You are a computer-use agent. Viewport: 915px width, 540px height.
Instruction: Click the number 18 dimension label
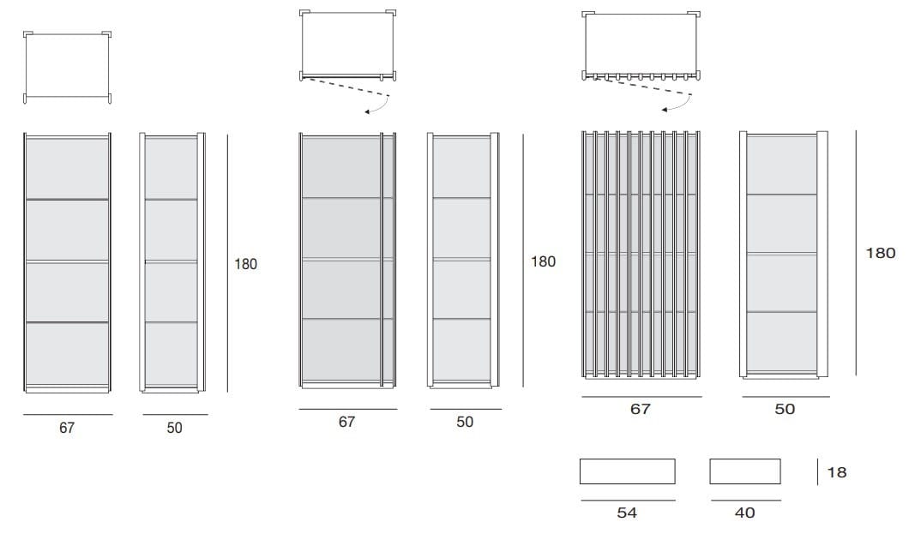837,471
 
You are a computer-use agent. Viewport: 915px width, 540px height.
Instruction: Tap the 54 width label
627,513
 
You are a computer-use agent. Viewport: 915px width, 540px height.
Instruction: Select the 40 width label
744,513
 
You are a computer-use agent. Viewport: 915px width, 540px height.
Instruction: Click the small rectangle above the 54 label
628,471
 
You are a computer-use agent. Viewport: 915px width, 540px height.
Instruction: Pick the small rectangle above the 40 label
745,471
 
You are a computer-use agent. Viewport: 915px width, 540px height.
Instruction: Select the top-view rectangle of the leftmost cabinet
67,67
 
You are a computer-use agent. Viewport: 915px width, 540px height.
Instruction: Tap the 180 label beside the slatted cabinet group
880,253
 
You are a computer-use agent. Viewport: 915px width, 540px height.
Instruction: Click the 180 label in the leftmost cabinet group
245,264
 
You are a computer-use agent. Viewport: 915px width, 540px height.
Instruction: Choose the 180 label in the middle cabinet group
543,261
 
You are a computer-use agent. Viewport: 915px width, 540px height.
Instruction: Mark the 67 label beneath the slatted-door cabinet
640,409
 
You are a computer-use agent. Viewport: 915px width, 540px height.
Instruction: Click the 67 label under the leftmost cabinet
67,428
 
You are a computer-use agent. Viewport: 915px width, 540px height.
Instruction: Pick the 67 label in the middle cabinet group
346,422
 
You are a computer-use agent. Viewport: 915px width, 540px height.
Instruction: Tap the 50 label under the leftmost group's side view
174,428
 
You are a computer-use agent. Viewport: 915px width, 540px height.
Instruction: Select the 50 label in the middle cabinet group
465,422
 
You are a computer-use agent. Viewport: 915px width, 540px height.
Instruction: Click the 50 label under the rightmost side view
785,409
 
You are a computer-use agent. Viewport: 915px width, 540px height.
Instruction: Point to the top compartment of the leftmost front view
67,169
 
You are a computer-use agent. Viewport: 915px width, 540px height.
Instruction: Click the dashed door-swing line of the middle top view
348,87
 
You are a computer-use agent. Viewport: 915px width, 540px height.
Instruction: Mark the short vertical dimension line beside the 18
817,471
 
